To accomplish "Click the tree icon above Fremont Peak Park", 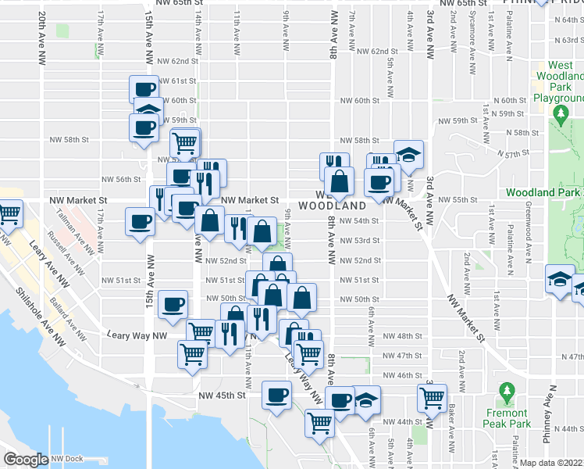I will [x=507, y=390].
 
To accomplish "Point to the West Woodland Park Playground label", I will [x=557, y=82].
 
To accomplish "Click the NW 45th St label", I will [x=222, y=396].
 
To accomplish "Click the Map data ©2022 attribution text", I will [x=552, y=463].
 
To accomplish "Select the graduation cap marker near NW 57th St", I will [x=408, y=153].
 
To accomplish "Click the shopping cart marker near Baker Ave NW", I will [x=432, y=397].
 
